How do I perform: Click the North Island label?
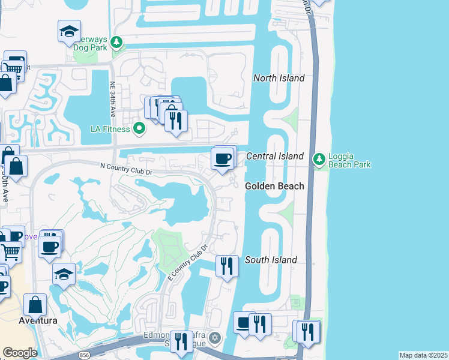(x=279, y=78)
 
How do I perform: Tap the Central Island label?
(x=275, y=156)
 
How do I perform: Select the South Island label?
(x=271, y=260)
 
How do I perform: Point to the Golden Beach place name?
(x=274, y=187)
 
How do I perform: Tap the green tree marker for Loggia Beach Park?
(x=319, y=159)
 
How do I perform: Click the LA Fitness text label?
(x=110, y=128)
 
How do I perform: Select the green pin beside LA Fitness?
(x=139, y=128)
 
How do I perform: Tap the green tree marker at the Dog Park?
(x=116, y=43)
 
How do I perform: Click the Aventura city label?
(x=37, y=320)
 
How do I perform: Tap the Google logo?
(x=20, y=353)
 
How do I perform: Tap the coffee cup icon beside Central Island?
(x=223, y=159)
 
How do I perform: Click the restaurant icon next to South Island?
(x=226, y=265)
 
